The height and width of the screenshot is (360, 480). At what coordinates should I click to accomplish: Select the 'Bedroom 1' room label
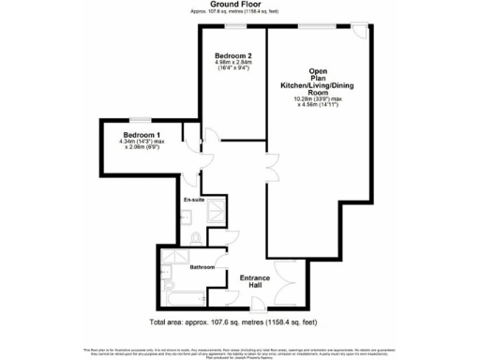coord(143,134)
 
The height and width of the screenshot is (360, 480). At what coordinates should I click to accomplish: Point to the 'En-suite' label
coord(194,200)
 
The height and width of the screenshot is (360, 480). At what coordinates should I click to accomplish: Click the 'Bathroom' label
coord(202,267)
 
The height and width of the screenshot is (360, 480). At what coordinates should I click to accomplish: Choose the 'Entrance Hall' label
coord(255,282)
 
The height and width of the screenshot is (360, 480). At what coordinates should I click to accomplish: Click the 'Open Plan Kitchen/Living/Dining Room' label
coord(318,83)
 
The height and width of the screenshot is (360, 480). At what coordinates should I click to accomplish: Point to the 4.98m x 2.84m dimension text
coord(233,63)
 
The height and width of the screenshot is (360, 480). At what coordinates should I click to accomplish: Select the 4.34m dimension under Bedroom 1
coord(143,142)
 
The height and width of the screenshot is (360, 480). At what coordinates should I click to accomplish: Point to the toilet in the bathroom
coord(168,278)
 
